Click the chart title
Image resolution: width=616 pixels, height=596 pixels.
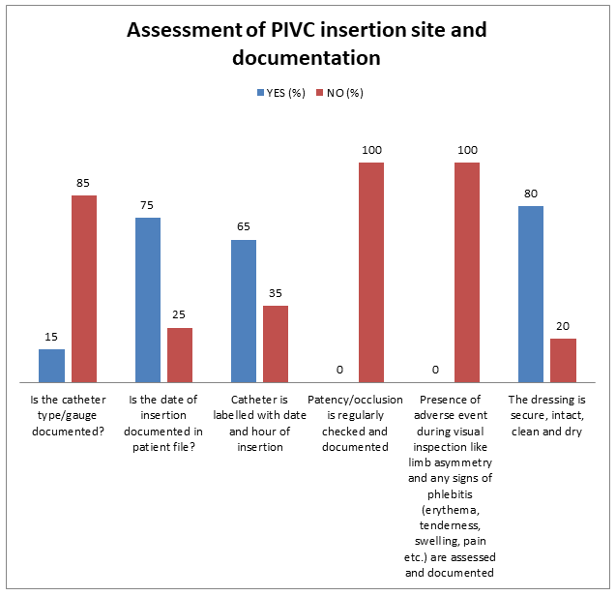(x=308, y=44)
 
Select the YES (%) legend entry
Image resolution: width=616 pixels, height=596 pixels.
(x=280, y=93)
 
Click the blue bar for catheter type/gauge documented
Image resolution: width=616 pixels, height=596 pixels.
(x=52, y=366)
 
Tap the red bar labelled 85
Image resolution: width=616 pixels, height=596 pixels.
(x=84, y=288)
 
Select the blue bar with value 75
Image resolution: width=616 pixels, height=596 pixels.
(x=148, y=300)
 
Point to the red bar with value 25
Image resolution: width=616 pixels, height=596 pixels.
(x=180, y=355)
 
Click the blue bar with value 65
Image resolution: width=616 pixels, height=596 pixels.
(x=244, y=311)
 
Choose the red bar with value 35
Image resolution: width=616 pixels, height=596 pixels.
(x=276, y=343)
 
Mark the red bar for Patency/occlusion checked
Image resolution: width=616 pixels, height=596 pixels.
(x=371, y=272)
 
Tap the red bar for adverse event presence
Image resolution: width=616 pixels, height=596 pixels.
(x=467, y=272)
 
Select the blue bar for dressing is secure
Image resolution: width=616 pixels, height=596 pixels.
(x=531, y=294)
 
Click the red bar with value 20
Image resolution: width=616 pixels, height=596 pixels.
(x=563, y=360)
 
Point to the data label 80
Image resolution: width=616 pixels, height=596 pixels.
(x=531, y=194)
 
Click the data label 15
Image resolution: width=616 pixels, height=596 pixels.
(x=52, y=337)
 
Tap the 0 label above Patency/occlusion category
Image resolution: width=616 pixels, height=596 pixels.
(x=339, y=370)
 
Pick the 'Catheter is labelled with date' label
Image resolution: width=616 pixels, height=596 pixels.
(x=259, y=422)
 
